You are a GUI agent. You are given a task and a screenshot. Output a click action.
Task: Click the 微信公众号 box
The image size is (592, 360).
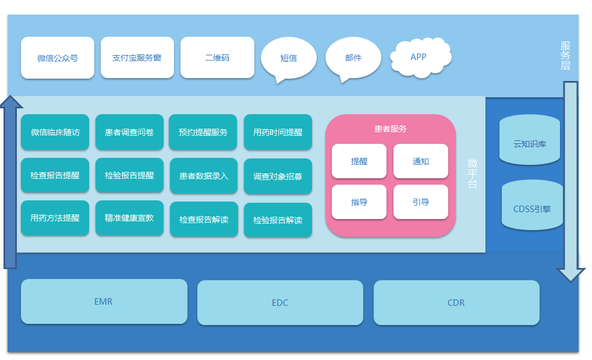click(x=58, y=58)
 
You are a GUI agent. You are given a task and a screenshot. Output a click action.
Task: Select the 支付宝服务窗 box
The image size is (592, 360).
click(x=137, y=58)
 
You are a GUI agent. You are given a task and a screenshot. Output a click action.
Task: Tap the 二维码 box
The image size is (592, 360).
click(x=217, y=58)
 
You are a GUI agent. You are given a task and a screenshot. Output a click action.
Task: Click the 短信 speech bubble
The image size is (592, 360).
click(x=289, y=58)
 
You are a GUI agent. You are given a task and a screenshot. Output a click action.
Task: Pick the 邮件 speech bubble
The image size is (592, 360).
click(x=353, y=58)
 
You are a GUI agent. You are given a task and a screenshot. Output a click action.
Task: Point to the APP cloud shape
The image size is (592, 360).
click(x=419, y=57)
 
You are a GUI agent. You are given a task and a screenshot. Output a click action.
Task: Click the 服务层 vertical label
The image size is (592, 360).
click(x=565, y=56)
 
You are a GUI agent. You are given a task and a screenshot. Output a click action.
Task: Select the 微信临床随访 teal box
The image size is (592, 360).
click(x=55, y=132)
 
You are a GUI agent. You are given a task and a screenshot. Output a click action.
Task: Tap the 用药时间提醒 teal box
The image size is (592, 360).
click(x=278, y=132)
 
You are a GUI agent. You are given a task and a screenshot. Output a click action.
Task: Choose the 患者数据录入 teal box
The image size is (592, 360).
click(x=204, y=175)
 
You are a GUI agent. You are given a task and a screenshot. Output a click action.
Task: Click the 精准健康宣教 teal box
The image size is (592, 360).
click(x=129, y=218)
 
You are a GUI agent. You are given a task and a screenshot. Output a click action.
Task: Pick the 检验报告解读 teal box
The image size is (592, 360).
click(x=278, y=220)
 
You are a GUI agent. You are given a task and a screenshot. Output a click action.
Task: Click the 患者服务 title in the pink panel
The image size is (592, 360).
click(x=390, y=129)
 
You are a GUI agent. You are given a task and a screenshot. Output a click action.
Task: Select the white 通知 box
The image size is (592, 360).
click(x=420, y=161)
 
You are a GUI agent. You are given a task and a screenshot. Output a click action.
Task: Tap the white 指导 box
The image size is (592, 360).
click(x=359, y=202)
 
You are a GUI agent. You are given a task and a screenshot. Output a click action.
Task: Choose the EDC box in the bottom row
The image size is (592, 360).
click(x=280, y=303)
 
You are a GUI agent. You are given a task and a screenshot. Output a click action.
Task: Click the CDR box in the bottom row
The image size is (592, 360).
click(x=456, y=303)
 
